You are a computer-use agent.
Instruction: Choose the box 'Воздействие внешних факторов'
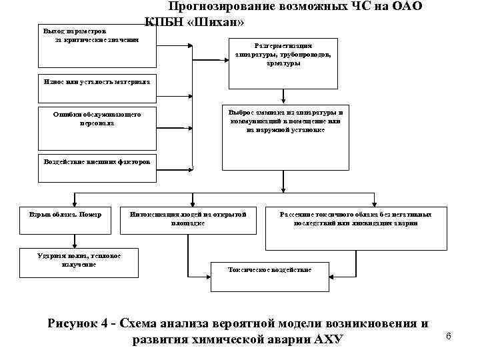point(97,162)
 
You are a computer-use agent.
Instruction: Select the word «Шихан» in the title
point(220,23)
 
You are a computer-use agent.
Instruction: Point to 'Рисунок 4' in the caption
point(77,324)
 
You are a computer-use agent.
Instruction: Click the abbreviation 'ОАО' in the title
point(407,7)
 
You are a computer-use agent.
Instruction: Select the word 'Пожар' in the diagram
point(90,215)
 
